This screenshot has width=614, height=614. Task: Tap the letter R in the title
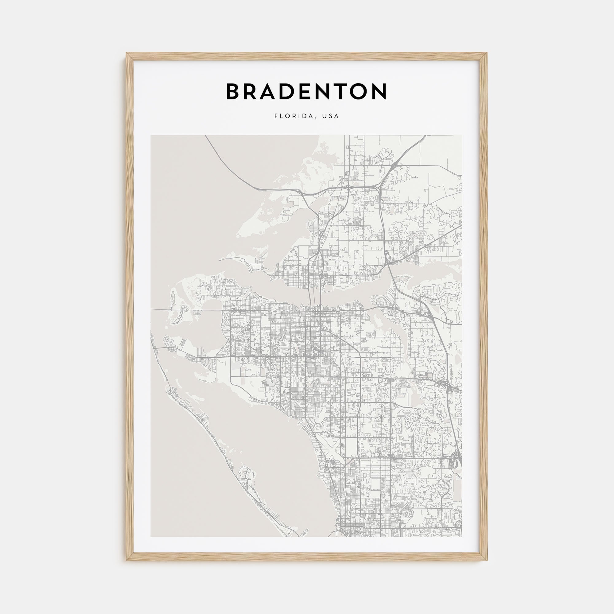(253, 91)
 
